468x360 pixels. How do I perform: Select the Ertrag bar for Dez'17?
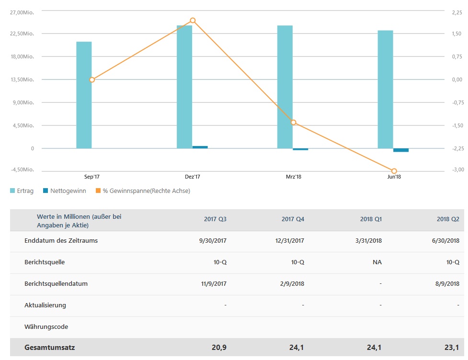tap(184, 87)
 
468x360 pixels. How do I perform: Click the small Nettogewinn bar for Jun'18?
tap(401, 150)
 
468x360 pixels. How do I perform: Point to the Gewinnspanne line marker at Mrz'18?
tap(294, 123)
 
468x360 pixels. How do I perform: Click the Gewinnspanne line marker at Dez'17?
tap(193, 20)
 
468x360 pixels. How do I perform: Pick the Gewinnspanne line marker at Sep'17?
tap(92, 80)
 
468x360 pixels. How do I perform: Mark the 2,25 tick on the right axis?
tap(457, 11)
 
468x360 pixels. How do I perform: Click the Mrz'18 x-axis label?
tap(293, 177)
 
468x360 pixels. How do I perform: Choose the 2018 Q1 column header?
tap(371, 219)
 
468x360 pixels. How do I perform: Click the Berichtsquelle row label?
tap(45, 262)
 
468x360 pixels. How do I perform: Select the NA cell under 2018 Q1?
tap(377, 262)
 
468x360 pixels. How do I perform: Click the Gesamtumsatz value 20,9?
tap(219, 348)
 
